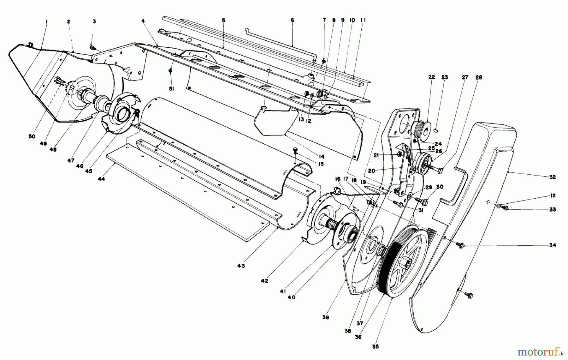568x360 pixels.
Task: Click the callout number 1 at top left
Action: click(x=46, y=22)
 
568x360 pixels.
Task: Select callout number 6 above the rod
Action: click(x=292, y=20)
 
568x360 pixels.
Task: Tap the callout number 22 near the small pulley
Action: click(x=431, y=77)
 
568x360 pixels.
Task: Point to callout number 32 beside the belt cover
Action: click(x=552, y=177)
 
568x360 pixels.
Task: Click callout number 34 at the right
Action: click(x=552, y=245)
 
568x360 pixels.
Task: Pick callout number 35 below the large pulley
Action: click(x=375, y=346)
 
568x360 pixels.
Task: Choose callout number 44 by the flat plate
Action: click(x=101, y=179)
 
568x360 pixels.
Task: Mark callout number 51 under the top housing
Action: click(x=171, y=89)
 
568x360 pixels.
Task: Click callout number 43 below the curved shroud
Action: click(x=241, y=266)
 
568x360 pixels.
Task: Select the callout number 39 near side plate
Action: click(x=325, y=317)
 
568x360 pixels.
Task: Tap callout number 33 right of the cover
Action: click(x=552, y=209)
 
